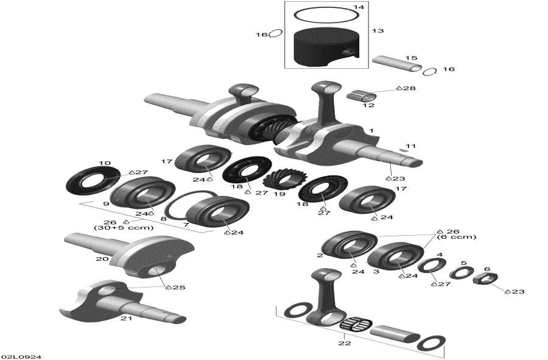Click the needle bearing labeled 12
[361, 96]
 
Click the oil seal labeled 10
[90, 180]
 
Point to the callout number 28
[409, 89]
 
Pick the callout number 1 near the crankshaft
[371, 131]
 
